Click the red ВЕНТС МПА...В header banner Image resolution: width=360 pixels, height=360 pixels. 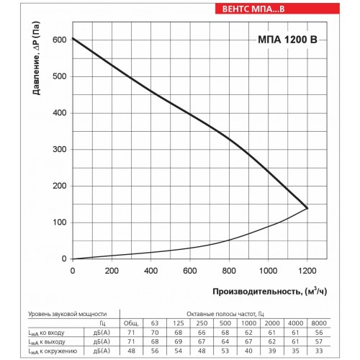pyautogui.click(x=277, y=9)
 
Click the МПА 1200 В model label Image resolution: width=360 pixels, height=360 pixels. pyautogui.click(x=287, y=40)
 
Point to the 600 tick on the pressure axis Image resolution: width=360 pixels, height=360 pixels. pyautogui.click(x=60, y=40)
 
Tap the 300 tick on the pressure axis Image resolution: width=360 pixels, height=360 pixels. pyautogui.click(x=60, y=149)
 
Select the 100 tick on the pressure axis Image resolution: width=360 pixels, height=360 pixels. pyautogui.click(x=60, y=222)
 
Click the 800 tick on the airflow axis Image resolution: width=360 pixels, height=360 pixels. pyautogui.click(x=229, y=271)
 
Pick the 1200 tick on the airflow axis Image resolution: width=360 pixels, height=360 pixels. pyautogui.click(x=307, y=271)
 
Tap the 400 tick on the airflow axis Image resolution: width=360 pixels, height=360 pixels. pyautogui.click(x=150, y=271)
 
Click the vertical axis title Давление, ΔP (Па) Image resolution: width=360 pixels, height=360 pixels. pyautogui.click(x=37, y=58)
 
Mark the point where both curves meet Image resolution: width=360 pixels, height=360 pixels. pyautogui.click(x=307, y=208)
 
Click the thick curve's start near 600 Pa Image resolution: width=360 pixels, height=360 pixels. pyautogui.click(x=73, y=38)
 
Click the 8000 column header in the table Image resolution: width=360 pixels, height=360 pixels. pyautogui.click(x=319, y=323)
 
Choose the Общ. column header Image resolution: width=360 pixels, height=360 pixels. pyautogui.click(x=131, y=323)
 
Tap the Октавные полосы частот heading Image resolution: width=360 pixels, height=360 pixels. pyautogui.click(x=225, y=314)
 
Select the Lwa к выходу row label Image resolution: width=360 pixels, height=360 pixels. pyautogui.click(x=47, y=342)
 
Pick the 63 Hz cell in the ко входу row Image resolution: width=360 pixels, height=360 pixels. pyautogui.click(x=155, y=333)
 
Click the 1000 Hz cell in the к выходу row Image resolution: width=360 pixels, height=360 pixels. pyautogui.click(x=248, y=341)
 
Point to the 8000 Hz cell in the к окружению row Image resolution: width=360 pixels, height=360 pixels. pyautogui.click(x=319, y=351)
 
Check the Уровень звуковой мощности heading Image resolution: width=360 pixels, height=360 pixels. pyautogui.click(x=68, y=314)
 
